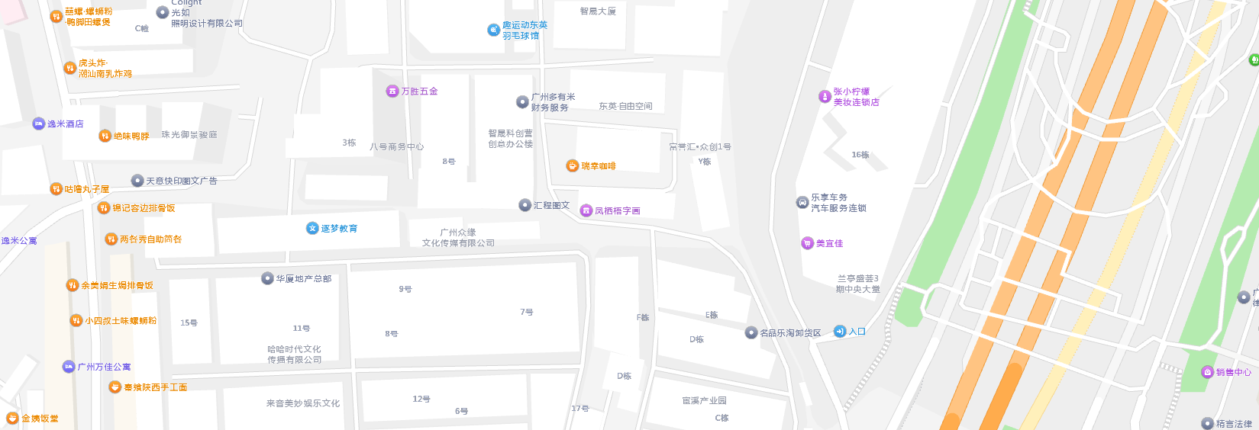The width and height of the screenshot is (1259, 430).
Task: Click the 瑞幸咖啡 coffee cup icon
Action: pyautogui.click(x=573, y=166)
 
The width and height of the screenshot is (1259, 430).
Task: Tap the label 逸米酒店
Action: pyautogui.click(x=66, y=124)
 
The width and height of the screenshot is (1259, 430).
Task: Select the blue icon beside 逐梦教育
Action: pyautogui.click(x=312, y=228)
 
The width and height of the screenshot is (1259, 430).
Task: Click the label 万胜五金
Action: pyautogui.click(x=420, y=91)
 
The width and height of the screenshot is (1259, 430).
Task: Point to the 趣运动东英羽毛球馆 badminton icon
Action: pyautogui.click(x=494, y=30)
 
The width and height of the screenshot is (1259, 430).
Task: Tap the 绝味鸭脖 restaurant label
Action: pyautogui.click(x=131, y=136)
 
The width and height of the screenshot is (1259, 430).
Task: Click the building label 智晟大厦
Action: pyautogui.click(x=598, y=11)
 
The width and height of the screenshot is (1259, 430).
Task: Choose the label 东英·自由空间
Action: pyautogui.click(x=625, y=107)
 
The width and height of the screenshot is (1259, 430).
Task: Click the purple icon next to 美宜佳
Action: pyautogui.click(x=807, y=243)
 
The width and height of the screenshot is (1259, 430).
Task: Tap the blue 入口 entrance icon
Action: pyautogui.click(x=840, y=332)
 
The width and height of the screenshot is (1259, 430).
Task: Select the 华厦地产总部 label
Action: pyautogui.click(x=304, y=279)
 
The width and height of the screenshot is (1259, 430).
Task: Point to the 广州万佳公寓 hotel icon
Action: pyautogui.click(x=69, y=367)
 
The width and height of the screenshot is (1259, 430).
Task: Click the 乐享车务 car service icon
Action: pyautogui.click(x=802, y=203)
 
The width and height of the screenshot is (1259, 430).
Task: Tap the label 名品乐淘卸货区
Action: pyautogui.click(x=790, y=333)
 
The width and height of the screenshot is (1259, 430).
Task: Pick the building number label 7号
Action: pyautogui.click(x=527, y=312)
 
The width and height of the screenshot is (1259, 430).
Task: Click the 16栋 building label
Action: pyautogui.click(x=860, y=155)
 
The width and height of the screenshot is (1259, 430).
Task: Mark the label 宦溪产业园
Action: pyautogui.click(x=704, y=400)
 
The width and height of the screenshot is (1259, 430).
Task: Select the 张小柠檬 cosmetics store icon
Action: pyautogui.click(x=825, y=97)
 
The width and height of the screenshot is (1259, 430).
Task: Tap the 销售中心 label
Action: pyautogui.click(x=1234, y=373)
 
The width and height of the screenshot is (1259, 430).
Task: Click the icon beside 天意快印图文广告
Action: pyautogui.click(x=137, y=181)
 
